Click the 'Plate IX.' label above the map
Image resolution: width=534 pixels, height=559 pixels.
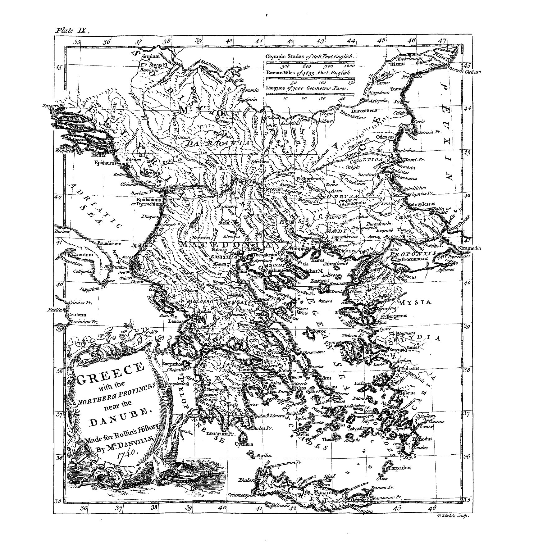[72, 30]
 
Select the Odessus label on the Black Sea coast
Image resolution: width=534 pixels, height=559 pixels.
[385, 137]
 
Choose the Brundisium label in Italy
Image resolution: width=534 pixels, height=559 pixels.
[107, 243]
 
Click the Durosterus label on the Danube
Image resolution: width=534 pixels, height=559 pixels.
[364, 110]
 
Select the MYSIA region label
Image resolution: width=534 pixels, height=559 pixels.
[415, 302]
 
